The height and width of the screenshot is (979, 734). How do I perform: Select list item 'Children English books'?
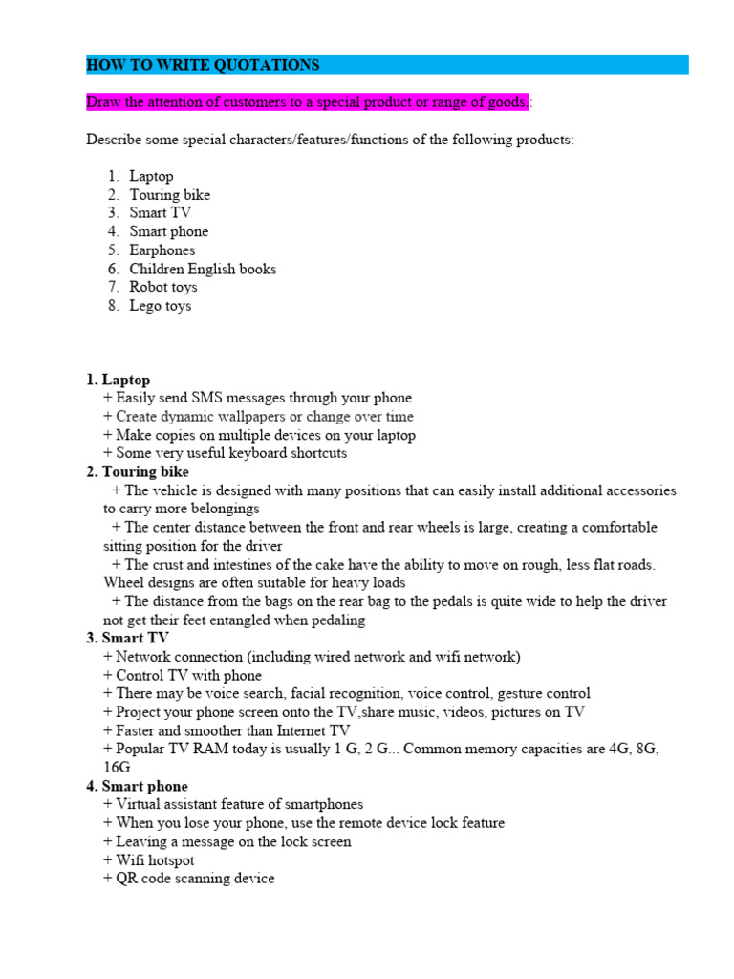[x=203, y=269]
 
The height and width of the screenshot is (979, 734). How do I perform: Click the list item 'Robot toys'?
[x=163, y=287]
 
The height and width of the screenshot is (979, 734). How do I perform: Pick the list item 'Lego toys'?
[x=161, y=306]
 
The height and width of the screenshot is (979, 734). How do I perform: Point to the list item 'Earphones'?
[x=162, y=250]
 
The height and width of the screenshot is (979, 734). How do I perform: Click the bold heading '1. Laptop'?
[x=119, y=380]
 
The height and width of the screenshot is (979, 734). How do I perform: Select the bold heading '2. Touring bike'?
[x=138, y=472]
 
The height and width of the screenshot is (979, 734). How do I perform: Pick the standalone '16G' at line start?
[x=117, y=768]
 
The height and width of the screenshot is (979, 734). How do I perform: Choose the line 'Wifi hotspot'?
[x=154, y=860]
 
